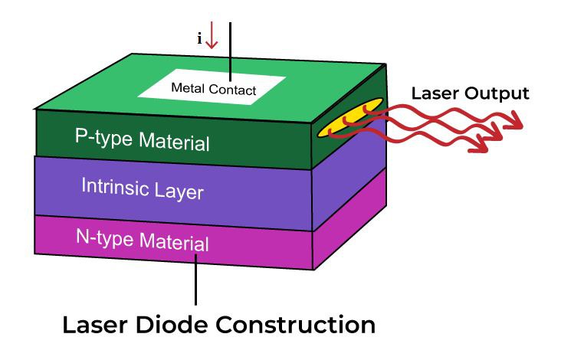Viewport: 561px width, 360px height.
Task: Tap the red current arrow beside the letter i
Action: tap(212, 35)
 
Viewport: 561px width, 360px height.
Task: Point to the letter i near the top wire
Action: tap(200, 38)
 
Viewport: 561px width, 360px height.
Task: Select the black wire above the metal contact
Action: tap(230, 46)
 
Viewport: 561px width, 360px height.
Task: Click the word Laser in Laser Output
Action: tap(435, 93)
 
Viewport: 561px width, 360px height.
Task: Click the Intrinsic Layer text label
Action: tap(143, 187)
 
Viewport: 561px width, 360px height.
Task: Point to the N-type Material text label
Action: tap(143, 239)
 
